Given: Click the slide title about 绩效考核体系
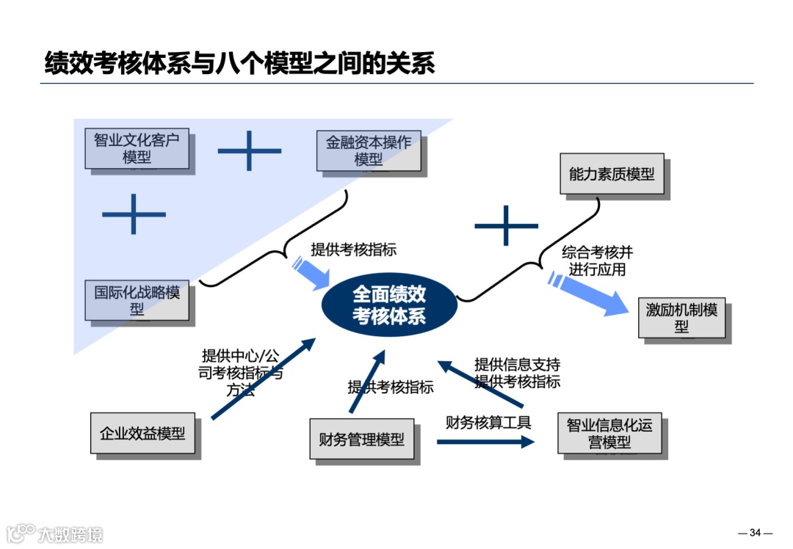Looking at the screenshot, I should tap(239, 63).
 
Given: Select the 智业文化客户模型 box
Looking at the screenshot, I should tap(137, 148).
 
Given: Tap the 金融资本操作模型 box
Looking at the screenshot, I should tap(369, 150).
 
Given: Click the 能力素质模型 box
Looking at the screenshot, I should tap(612, 174).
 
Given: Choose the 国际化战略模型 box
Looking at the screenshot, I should tap(137, 300).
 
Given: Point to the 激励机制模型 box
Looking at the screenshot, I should tap(681, 318).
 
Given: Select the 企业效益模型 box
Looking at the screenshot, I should tap(142, 433).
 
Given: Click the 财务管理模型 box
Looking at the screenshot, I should tap(361, 439).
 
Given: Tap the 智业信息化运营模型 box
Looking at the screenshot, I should tap(609, 434).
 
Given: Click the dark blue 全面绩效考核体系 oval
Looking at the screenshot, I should tap(389, 305).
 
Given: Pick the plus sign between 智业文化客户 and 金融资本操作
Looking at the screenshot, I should tap(250, 150).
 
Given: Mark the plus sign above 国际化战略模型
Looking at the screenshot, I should tap(134, 214).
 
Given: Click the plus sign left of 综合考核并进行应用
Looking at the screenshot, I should tap(507, 225).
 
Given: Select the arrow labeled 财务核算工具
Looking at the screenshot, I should tap(486, 442).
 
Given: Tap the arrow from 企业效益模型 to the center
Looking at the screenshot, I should tap(263, 379).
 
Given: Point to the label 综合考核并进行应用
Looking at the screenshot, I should tap(597, 261).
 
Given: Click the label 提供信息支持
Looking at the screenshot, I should tap(517, 364).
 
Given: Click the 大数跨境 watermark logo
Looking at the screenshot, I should tap(55, 534).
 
